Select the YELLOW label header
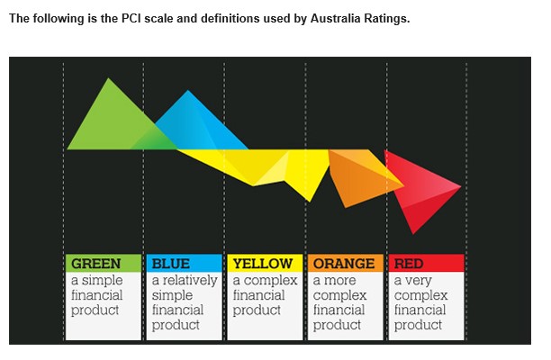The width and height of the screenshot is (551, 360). [264, 264]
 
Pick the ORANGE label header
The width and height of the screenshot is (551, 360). [344, 264]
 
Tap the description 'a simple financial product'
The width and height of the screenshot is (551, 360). [97, 295]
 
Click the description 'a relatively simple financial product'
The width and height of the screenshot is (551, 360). [184, 302]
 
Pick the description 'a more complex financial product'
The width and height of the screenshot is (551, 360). [339, 302]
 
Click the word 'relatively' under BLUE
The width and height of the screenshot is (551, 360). [190, 280]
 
